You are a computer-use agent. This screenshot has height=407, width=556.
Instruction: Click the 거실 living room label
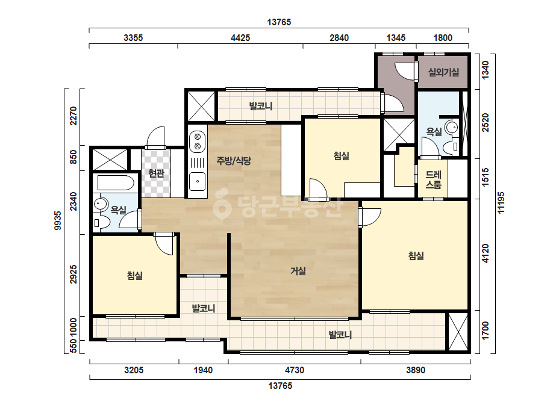click(298, 271)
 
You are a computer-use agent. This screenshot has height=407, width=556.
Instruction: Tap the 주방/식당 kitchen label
click(234, 161)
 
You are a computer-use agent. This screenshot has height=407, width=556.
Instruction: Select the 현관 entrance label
click(157, 173)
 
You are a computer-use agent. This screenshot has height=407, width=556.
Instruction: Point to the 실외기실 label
click(443, 72)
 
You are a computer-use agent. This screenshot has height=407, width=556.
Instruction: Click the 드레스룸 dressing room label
click(433, 180)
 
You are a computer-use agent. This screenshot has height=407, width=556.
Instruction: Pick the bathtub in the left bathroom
click(116, 183)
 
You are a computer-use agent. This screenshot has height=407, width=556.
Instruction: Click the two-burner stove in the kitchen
click(198, 141)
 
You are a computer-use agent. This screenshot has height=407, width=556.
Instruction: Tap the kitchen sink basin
click(197, 182)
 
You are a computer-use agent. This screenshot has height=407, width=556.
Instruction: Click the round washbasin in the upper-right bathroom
click(452, 127)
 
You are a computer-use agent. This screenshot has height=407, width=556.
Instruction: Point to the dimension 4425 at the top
click(240, 37)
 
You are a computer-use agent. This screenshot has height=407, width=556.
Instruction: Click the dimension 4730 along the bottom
click(295, 370)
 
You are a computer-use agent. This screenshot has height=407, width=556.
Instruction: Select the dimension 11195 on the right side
click(501, 203)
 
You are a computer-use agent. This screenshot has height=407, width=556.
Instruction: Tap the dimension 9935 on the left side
click(58, 220)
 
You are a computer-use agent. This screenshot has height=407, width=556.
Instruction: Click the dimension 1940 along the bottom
click(203, 370)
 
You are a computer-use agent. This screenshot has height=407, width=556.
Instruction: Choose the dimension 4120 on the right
click(486, 253)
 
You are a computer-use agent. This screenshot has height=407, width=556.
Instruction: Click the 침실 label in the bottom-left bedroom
click(135, 276)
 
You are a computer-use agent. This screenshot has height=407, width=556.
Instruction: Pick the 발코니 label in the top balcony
click(261, 106)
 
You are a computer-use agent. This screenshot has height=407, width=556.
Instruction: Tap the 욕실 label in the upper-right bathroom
click(434, 132)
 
